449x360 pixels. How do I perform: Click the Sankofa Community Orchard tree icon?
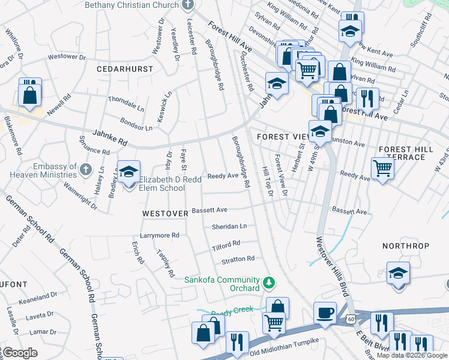coord(270,281)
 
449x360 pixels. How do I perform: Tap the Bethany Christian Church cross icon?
coord(188,5)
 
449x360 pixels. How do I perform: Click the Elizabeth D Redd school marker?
coord(128,172)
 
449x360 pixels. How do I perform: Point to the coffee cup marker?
coord(325,313)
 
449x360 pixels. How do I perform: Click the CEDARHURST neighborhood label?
coord(125,69)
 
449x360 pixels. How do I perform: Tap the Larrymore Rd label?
coord(160,235)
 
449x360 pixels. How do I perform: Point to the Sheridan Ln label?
coord(229,227)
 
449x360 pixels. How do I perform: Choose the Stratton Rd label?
coord(238,259)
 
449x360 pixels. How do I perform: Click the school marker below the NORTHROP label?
coord(398,274)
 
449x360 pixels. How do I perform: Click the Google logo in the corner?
coord(20,353)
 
